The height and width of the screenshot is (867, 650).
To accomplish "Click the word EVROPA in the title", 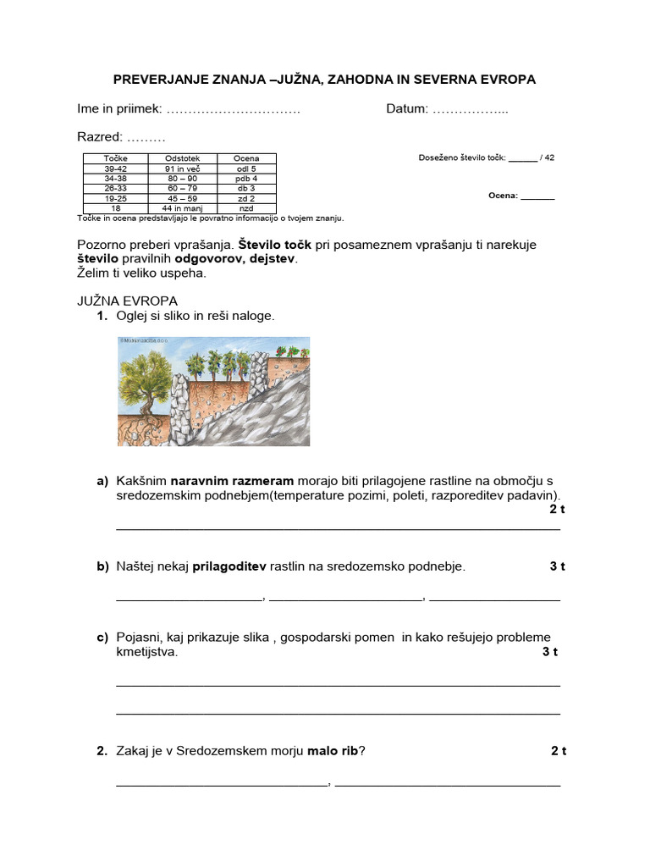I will (x=504, y=80).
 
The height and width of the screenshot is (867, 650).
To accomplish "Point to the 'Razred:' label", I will (x=100, y=136).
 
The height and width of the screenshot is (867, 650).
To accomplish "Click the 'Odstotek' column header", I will (x=183, y=158).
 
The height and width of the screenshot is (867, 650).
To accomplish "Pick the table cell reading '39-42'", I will (x=115, y=168).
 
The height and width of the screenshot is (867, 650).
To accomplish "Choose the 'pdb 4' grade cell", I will (x=246, y=179).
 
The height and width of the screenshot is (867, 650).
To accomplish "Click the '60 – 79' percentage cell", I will (x=183, y=188).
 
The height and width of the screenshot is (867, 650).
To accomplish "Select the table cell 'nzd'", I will (x=246, y=207).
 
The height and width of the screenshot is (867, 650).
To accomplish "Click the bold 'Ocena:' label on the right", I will (x=503, y=196).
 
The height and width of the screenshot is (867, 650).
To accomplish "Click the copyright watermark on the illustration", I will (x=146, y=341).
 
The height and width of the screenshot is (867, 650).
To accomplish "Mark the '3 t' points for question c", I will (x=550, y=651).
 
